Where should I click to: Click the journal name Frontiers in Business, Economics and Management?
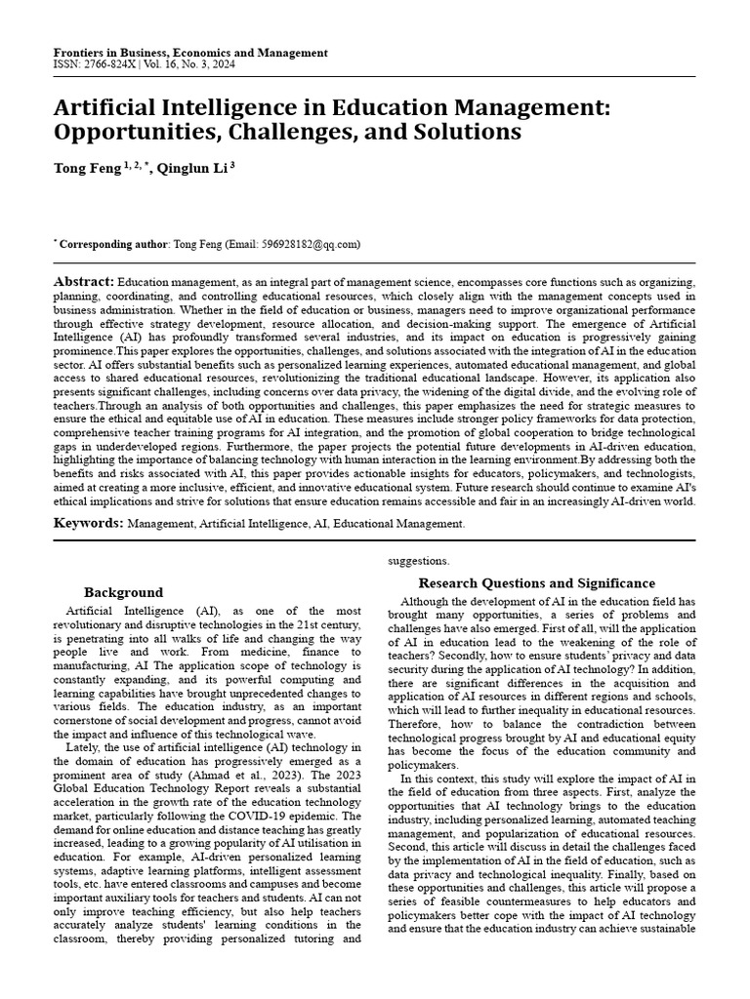point(190,53)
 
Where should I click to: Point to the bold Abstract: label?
point(84,281)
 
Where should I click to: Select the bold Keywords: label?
point(88,524)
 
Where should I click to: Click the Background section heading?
point(123,592)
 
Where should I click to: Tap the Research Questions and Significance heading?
point(536,583)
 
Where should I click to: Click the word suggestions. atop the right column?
point(419,561)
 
